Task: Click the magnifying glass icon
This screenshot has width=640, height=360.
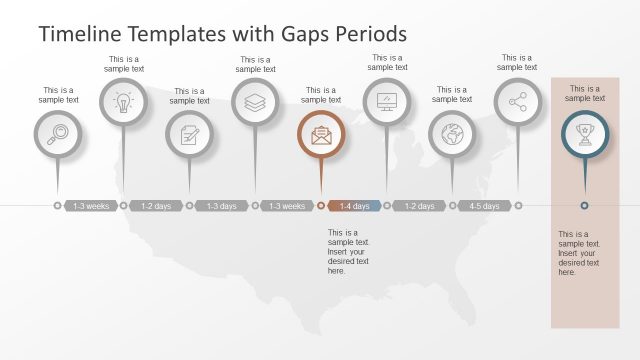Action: coord(58,134)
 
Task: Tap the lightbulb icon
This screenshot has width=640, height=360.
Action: coord(123,102)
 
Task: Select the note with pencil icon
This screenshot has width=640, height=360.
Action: coord(189,134)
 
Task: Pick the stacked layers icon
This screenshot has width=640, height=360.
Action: coord(255,102)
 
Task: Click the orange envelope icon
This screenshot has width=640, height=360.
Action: coord(321,134)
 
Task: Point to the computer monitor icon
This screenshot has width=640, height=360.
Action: coord(386,102)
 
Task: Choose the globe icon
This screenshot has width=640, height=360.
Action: coord(452,134)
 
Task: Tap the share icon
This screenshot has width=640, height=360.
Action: coord(517,102)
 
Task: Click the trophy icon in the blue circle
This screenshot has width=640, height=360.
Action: coord(584,134)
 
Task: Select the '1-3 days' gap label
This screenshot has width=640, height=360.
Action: coord(222,206)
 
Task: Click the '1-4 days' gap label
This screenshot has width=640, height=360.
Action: coord(354,206)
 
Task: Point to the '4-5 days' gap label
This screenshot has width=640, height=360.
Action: coord(485,206)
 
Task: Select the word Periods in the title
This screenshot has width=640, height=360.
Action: coord(370,34)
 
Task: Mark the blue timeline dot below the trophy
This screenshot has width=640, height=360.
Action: coord(584,206)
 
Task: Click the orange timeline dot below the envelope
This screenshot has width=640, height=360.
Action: coord(321,206)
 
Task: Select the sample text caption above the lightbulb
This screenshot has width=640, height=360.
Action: coord(124,63)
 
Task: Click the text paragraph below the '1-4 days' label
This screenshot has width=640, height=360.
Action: coord(349,251)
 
